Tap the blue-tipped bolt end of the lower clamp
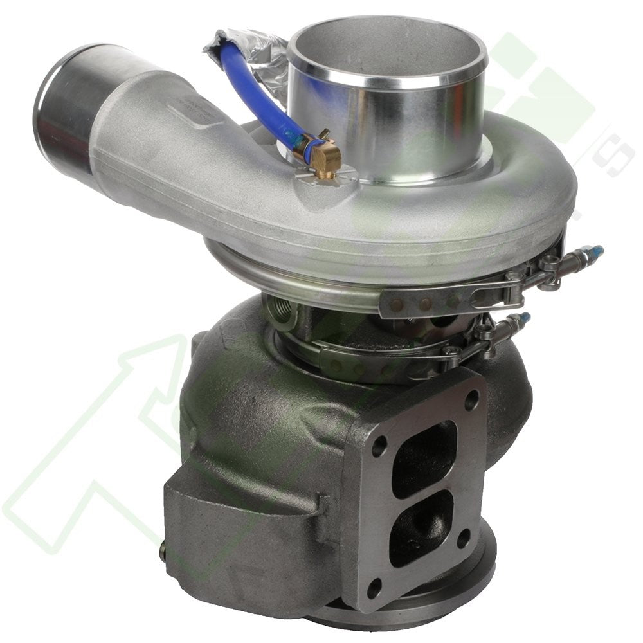pos(524,318)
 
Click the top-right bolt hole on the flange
pos(471,400)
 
